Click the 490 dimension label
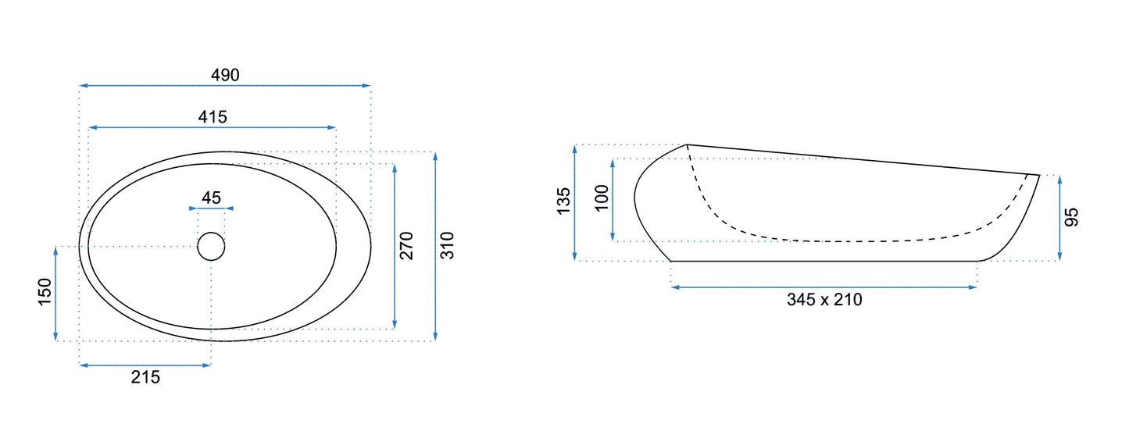pos(225,75)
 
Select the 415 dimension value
pos(213,117)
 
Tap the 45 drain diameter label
pos(211,198)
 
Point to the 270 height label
pos(406,246)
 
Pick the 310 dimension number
pos(447,246)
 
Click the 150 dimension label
pos(45,291)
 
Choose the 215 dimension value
pos(145,377)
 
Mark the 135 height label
pos(563,201)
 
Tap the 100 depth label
pos(602,198)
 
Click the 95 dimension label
pos(1071,217)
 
